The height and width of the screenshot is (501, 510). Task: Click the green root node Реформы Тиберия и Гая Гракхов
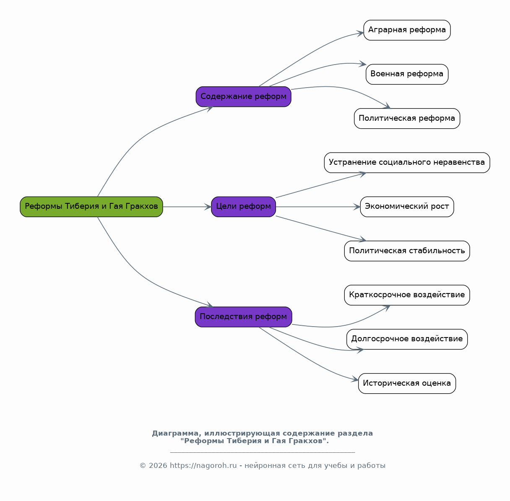[91, 207]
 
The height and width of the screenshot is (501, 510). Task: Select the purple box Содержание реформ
[244, 96]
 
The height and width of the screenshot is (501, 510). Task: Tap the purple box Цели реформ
[244, 207]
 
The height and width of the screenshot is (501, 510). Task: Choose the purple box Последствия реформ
[244, 317]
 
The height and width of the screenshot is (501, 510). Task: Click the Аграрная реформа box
[407, 30]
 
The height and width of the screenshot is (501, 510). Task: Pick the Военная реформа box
[407, 74]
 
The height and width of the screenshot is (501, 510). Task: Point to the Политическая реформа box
[407, 119]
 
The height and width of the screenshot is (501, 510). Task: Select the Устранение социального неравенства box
[407, 163]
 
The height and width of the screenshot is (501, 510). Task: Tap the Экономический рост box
[407, 207]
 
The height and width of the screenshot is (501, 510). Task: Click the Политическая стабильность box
[407, 251]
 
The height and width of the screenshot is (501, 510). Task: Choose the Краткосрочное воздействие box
[407, 295]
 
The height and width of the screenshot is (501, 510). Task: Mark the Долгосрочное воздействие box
[407, 339]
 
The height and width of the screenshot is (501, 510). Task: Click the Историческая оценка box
[407, 384]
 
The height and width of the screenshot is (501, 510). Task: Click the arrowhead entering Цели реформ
[208, 207]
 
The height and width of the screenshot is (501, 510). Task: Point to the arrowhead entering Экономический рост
[357, 207]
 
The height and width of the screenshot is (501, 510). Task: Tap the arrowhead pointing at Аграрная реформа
[360, 34]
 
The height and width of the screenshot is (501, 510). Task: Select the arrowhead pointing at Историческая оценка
[355, 379]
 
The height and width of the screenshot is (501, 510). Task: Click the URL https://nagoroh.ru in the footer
[203, 465]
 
